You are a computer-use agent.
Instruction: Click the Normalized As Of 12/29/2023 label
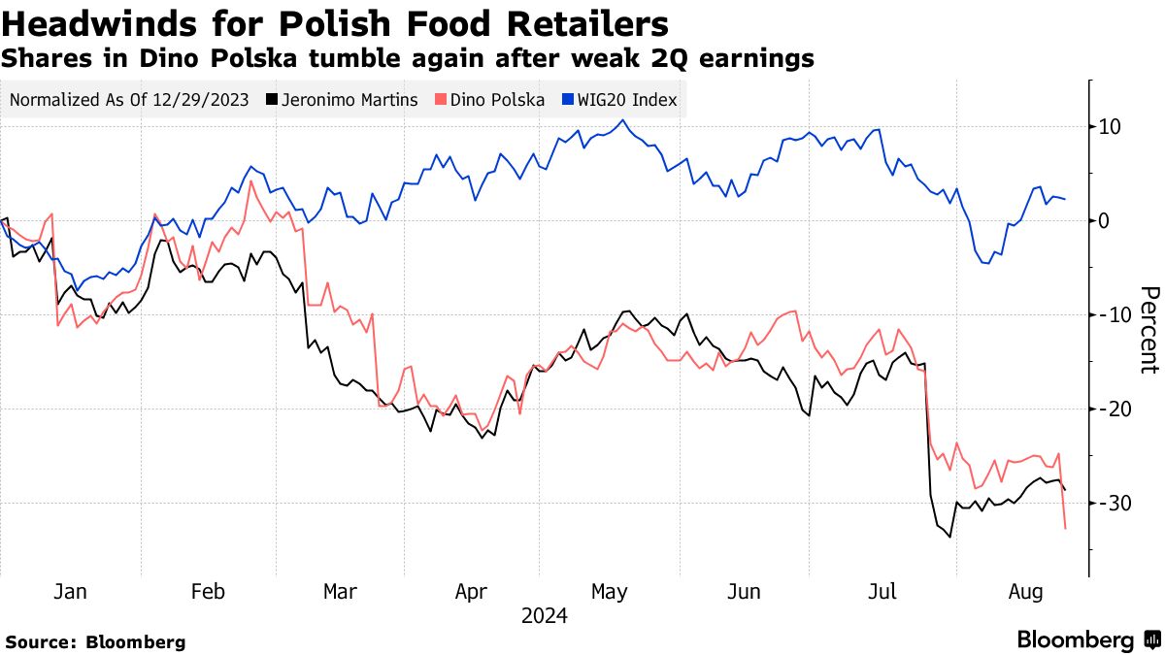pos(129,100)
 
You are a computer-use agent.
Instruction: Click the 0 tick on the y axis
pos(1104,220)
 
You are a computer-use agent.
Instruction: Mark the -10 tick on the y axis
pos(1107,314)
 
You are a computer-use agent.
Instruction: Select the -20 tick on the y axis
pos(1107,409)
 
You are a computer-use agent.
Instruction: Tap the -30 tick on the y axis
pos(1107,503)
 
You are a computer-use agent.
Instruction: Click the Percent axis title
pos(1148,330)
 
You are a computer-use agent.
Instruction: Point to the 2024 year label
pos(544,616)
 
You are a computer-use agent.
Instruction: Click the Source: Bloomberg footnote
pos(95,641)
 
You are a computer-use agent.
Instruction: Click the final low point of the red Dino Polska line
pos(1066,528)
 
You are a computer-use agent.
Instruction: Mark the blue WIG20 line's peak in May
pos(622,120)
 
